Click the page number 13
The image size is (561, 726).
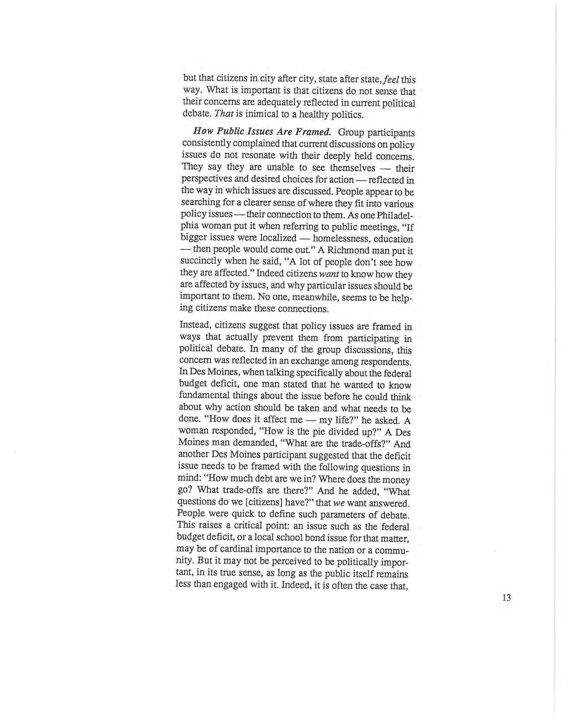coord(507,598)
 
